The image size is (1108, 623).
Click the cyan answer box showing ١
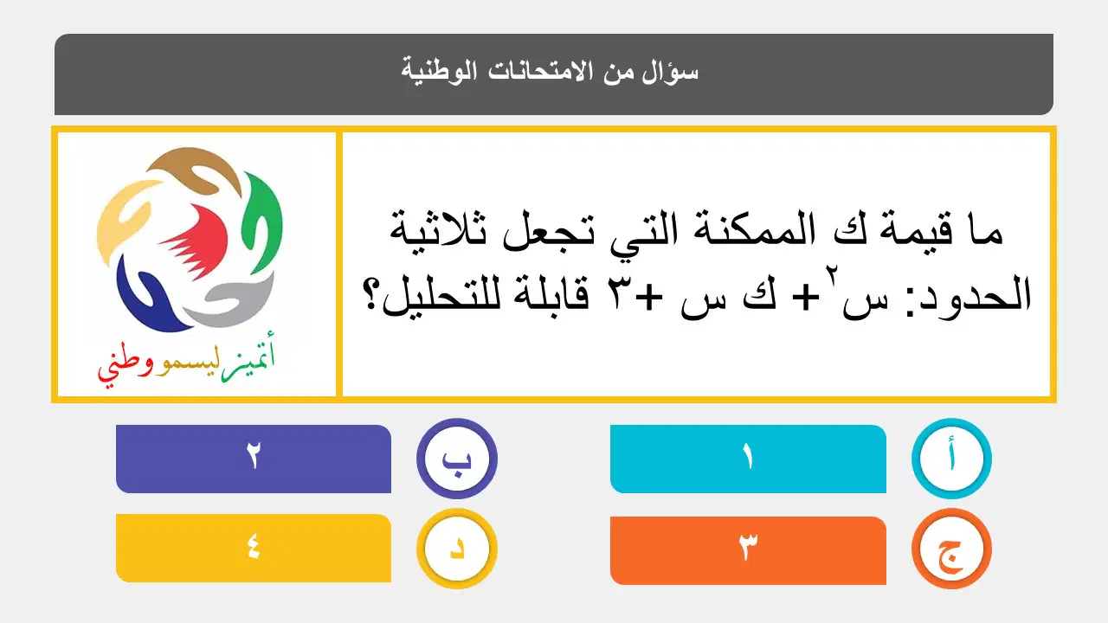(748, 459)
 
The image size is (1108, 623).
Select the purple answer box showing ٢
(254, 459)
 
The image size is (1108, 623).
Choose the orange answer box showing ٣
(748, 550)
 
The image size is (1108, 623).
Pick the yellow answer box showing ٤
(254, 549)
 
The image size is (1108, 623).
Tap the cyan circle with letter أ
(951, 459)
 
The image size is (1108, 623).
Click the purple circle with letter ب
(456, 459)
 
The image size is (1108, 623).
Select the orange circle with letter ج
(951, 549)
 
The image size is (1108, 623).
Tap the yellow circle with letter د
(456, 549)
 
